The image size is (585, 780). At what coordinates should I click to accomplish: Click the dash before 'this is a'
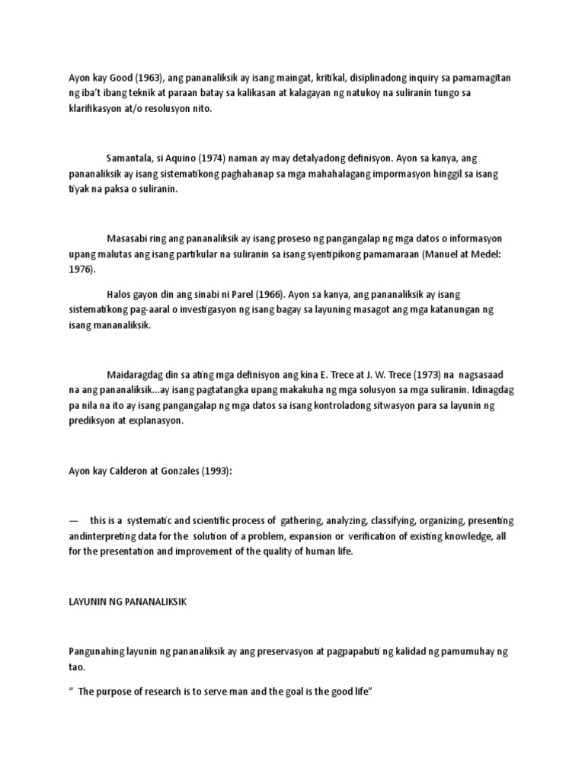[74, 521]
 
